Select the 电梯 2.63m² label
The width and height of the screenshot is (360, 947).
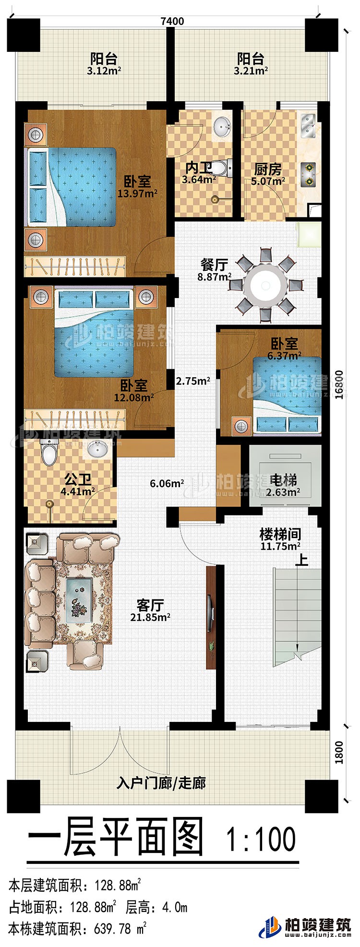pos(284,484)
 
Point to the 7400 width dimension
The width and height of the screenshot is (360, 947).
pos(172,21)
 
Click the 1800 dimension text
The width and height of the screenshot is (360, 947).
pos(339,752)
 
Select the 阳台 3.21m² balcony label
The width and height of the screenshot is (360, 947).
pos(251,64)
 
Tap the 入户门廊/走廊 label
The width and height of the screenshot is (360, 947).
pos(161,783)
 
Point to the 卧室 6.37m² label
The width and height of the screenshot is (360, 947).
pos(285,349)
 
